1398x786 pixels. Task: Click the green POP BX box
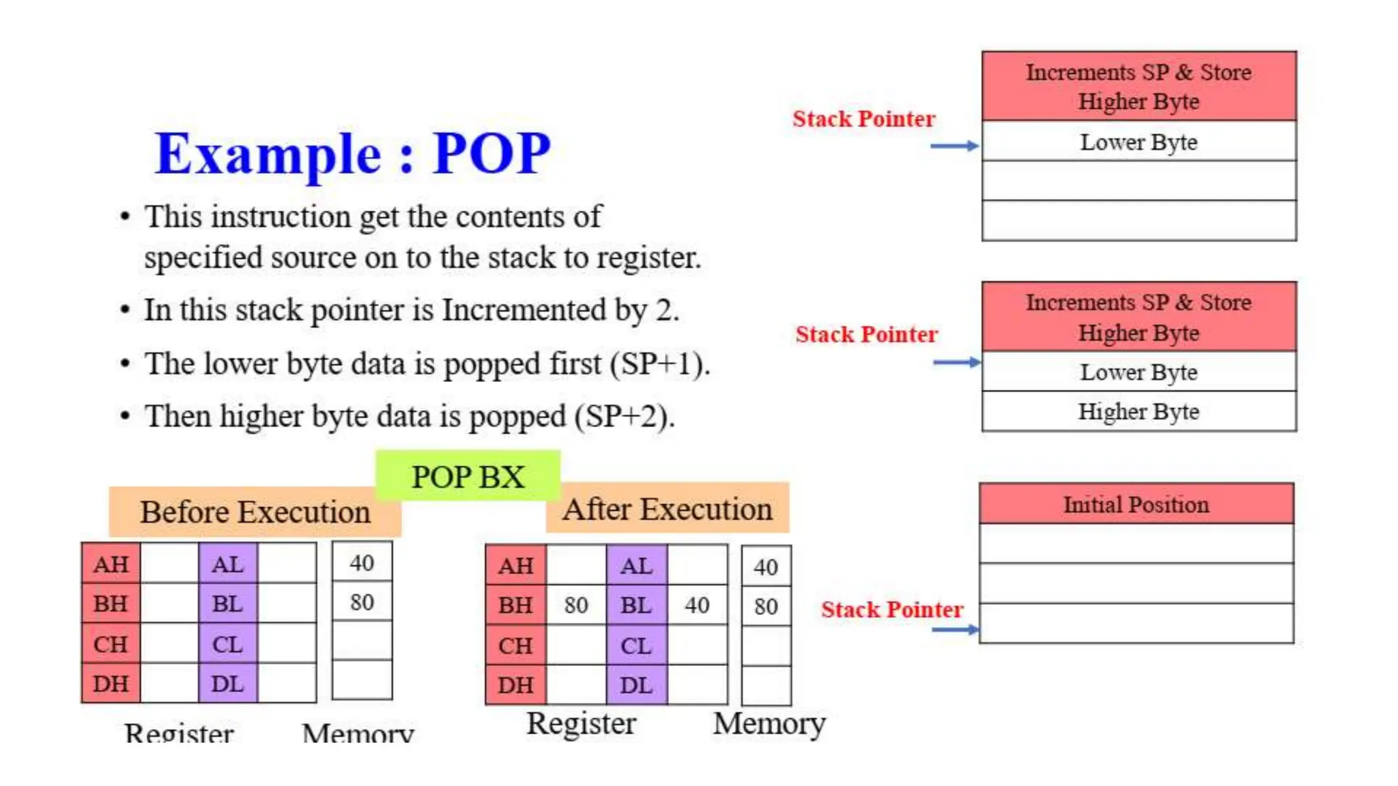[x=468, y=476]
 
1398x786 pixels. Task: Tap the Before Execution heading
[x=255, y=512]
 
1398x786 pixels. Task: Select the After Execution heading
[x=667, y=509]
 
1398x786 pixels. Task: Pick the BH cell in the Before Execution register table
[x=111, y=604]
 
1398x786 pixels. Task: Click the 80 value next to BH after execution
[x=576, y=605]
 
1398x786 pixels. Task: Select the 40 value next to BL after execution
[x=697, y=605]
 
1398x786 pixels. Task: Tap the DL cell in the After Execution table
[x=636, y=685]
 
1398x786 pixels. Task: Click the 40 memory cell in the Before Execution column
[x=362, y=563]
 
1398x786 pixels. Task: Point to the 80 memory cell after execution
[x=766, y=607]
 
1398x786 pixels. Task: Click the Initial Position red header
[x=1136, y=504]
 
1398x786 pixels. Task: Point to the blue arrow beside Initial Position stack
[x=955, y=629]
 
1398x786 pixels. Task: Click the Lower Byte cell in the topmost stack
[x=1139, y=142]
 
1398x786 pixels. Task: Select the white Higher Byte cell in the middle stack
[x=1139, y=411]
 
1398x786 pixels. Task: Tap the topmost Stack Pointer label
[x=864, y=119]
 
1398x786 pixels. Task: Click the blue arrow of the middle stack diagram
[x=956, y=362]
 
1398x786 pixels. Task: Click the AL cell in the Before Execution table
[x=227, y=564]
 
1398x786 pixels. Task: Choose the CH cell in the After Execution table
[x=515, y=645]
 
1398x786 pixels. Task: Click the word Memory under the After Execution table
[x=769, y=724]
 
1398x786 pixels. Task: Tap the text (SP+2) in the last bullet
[x=625, y=416]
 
